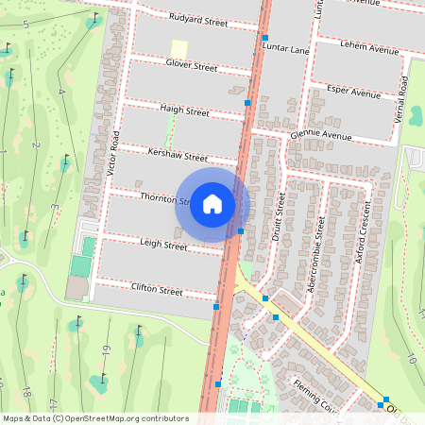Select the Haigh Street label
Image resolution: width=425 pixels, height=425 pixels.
pos(184,110)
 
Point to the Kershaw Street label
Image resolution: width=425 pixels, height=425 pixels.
pos(178,155)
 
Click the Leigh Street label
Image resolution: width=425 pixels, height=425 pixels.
pos(163,245)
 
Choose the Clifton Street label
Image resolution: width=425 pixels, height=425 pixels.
pos(157,290)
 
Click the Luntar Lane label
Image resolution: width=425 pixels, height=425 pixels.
pos(285,48)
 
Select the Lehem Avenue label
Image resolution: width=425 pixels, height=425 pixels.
pos(370,45)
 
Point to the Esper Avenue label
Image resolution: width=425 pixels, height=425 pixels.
pos(352,93)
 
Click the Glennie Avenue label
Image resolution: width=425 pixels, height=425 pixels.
pos(321,135)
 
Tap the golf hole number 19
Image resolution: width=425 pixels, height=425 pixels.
pos(107,349)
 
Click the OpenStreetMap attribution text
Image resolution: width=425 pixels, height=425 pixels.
pos(95,418)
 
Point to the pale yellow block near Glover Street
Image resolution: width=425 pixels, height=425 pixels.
pos(178,48)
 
